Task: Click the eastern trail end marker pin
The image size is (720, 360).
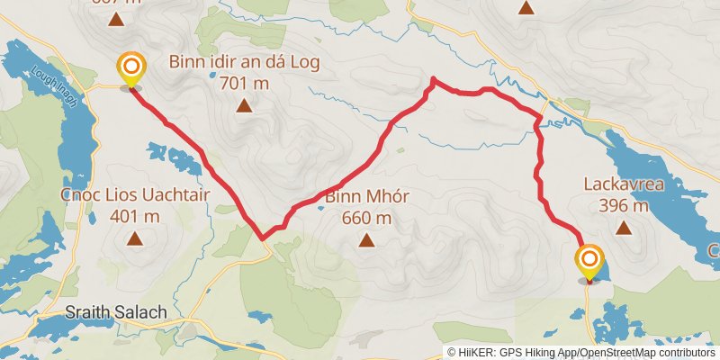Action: click(589, 262)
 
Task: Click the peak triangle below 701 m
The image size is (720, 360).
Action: click(244, 106)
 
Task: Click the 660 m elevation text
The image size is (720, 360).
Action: click(366, 217)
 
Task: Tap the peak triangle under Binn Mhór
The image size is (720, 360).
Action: click(366, 239)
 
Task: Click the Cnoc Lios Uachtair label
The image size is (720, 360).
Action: click(122, 196)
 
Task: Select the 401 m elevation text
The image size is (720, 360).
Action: click(134, 216)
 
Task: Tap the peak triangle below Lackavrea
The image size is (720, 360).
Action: click(624, 227)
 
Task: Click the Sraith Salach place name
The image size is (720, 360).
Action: click(117, 313)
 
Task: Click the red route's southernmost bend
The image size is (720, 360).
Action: click(263, 238)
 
